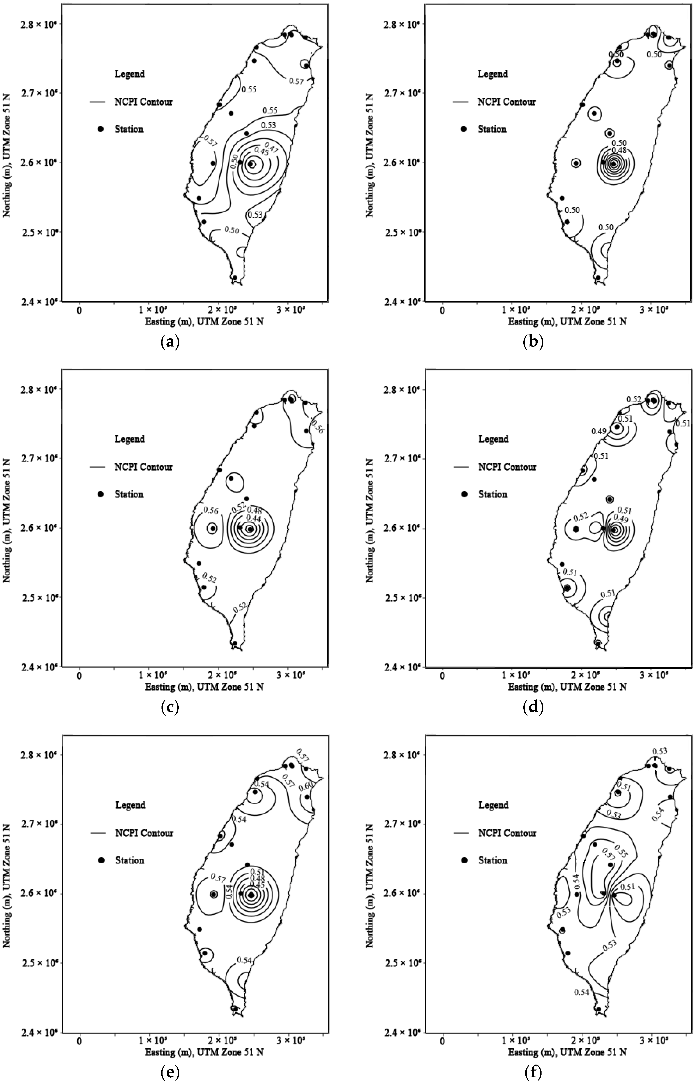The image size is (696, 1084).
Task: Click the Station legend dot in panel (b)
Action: tap(463, 129)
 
